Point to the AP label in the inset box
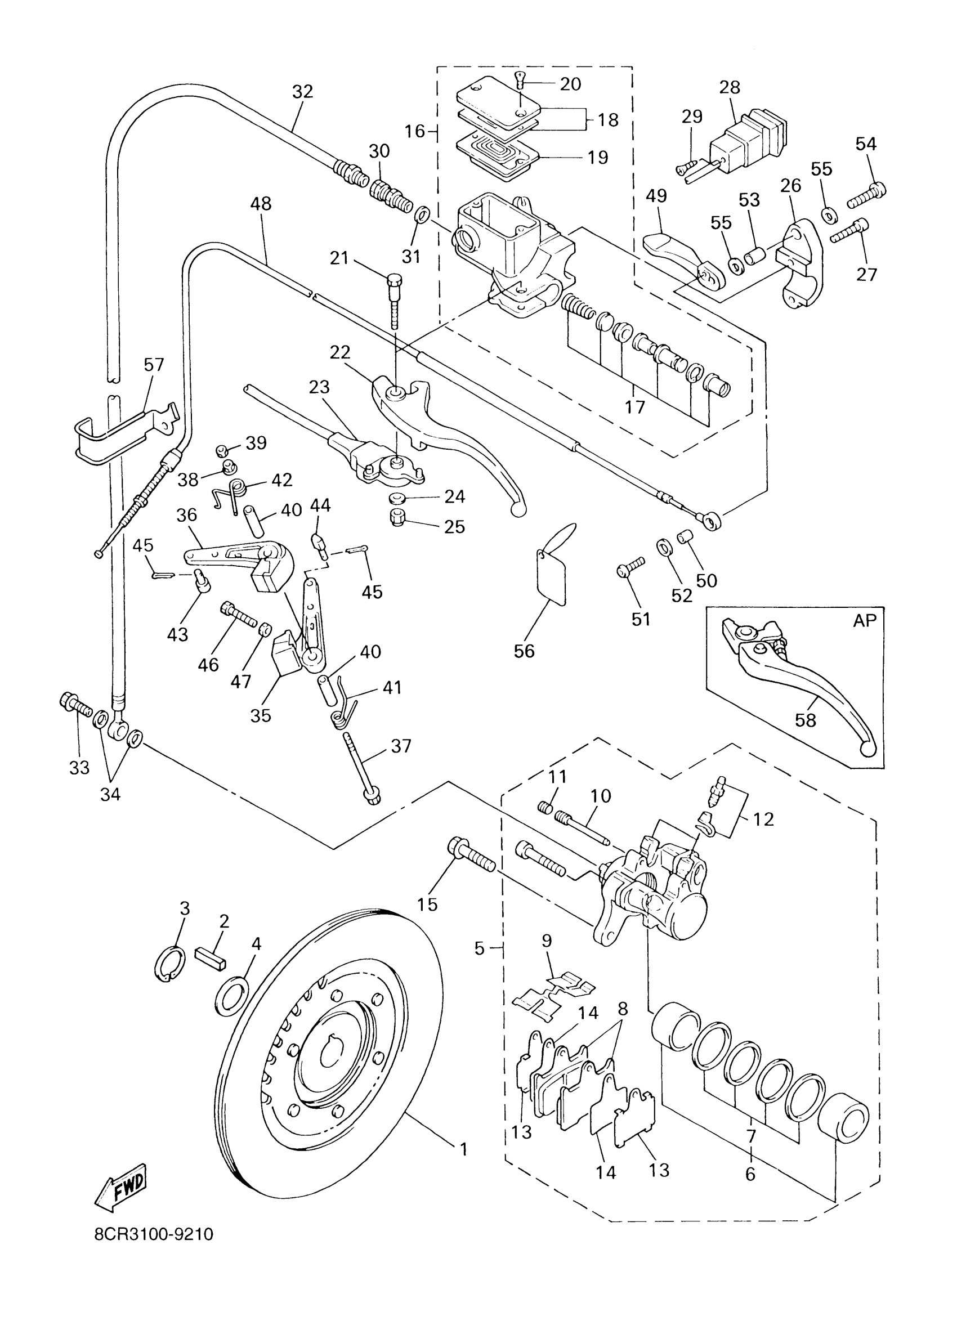pos(864,620)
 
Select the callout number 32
pos(302,91)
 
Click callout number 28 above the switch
pos(729,87)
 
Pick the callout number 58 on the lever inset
pos(806,720)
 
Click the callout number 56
pos(524,651)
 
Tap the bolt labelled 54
pos(866,195)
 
